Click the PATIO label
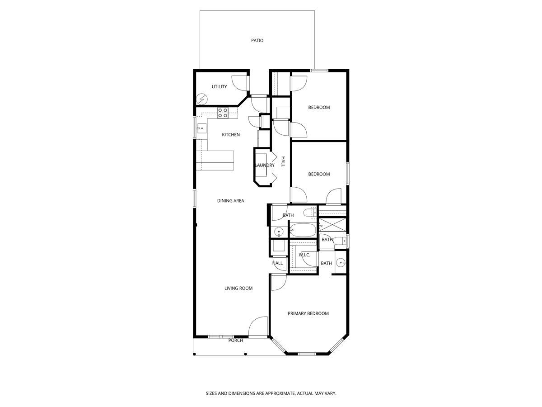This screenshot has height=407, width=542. pos(257,41)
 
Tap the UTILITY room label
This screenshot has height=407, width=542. pos(219,87)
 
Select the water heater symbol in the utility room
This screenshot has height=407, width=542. pos(201,99)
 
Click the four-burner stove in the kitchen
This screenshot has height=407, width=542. pos(223,113)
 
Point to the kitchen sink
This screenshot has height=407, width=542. pos(201,129)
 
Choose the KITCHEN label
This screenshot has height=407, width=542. pos(230,135)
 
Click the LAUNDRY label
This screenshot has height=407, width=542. pos(265,166)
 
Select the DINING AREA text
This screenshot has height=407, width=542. pos(230,201)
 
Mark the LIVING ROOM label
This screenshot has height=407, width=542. pos(238,288)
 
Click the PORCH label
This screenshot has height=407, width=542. pos(235,341)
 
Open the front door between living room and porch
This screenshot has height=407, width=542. pos(258,327)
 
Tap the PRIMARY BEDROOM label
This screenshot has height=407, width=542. pos(308,313)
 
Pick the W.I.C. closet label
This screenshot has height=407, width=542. pos(304,255)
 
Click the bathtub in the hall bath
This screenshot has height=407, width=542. pos(302,231)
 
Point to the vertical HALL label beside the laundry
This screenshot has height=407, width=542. pos(283,162)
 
